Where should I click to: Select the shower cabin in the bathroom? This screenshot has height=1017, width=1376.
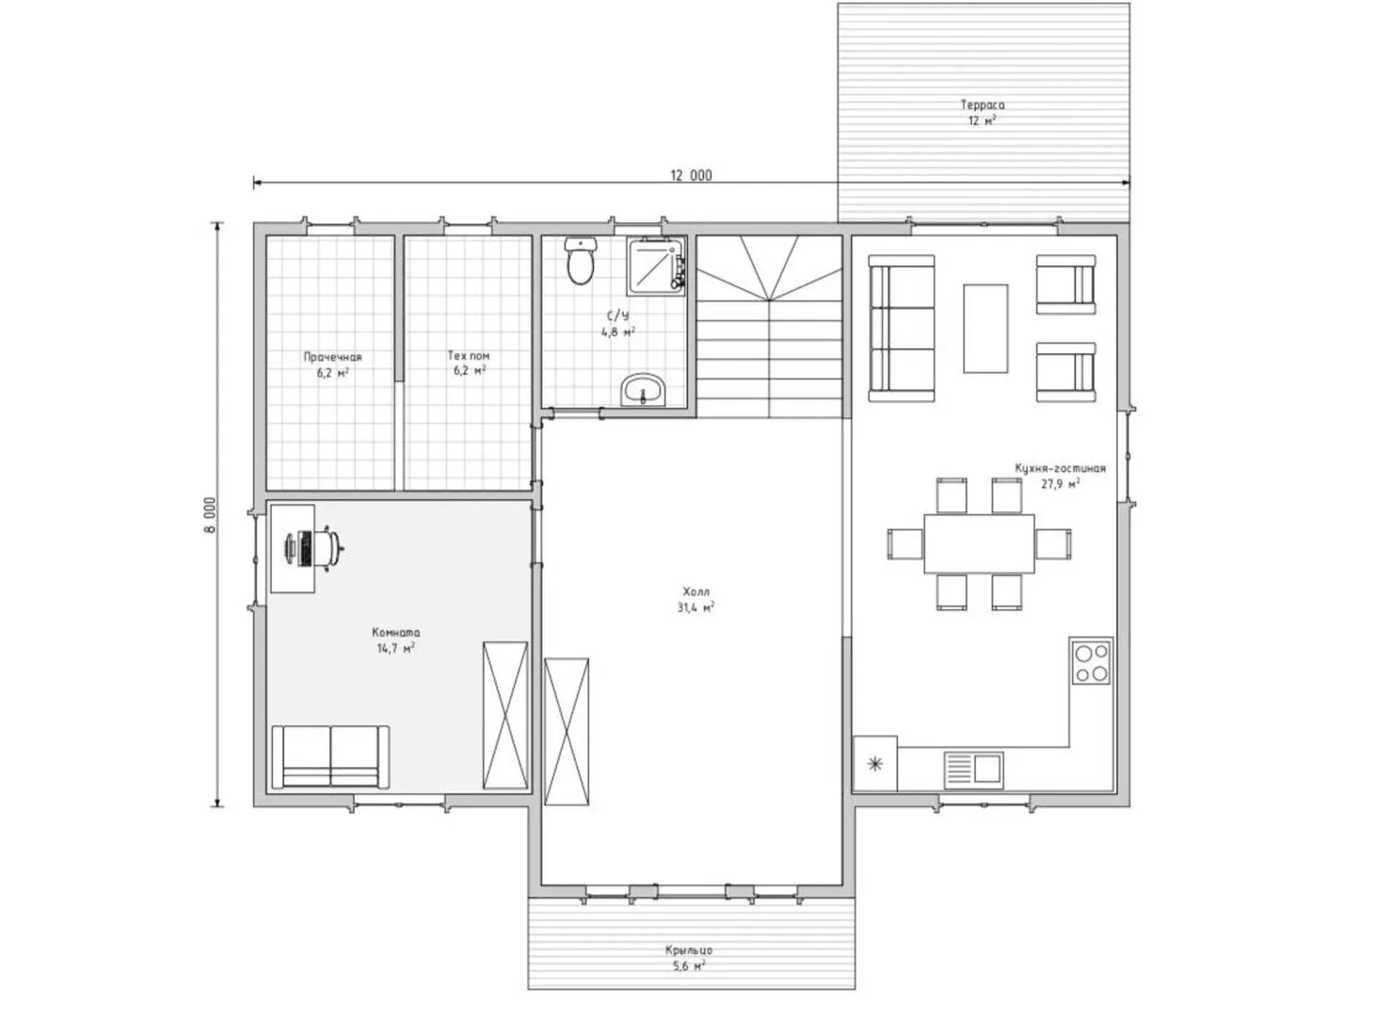pyautogui.click(x=656, y=266)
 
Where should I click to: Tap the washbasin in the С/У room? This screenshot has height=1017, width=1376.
pyautogui.click(x=644, y=389)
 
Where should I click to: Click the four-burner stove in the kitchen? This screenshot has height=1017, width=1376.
pyautogui.click(x=1091, y=661)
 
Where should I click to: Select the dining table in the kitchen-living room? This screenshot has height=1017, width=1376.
pyautogui.click(x=979, y=543)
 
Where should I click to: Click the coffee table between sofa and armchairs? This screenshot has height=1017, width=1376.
pyautogui.click(x=985, y=329)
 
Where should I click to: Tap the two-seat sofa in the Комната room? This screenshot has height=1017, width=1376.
pyautogui.click(x=330, y=757)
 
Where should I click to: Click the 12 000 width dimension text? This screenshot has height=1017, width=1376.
pyautogui.click(x=691, y=175)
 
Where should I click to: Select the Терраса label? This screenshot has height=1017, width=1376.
pyautogui.click(x=983, y=105)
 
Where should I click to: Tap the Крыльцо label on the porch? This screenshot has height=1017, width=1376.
pyautogui.click(x=689, y=950)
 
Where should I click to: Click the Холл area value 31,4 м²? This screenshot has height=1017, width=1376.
pyautogui.click(x=696, y=607)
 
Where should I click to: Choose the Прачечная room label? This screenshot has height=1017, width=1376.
pyautogui.click(x=332, y=357)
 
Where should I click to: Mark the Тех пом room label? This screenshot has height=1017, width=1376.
pyautogui.click(x=469, y=356)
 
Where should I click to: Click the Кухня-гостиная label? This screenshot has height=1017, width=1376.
pyautogui.click(x=1060, y=467)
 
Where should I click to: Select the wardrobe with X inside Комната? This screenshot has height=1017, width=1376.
pyautogui.click(x=505, y=716)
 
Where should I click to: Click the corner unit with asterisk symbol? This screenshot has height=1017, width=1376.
pyautogui.click(x=875, y=764)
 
